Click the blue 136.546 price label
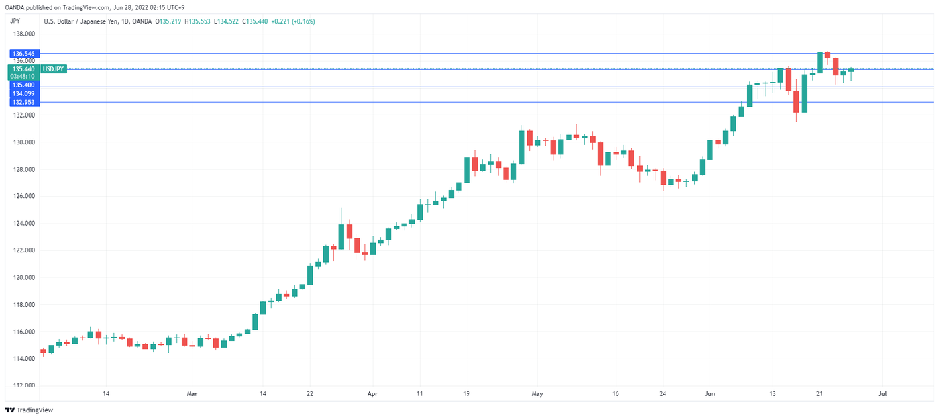(x=24, y=53)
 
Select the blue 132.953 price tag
(x=24, y=102)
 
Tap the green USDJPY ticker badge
(x=53, y=68)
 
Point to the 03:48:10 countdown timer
(x=24, y=77)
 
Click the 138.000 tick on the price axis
(x=24, y=34)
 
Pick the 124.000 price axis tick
(x=24, y=224)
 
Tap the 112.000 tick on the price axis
(x=24, y=386)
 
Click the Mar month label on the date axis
(x=192, y=394)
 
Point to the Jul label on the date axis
(x=883, y=394)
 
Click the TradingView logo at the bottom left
(x=30, y=410)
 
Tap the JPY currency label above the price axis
(x=15, y=21)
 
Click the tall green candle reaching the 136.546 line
(x=820, y=62)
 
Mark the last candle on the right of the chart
(x=851, y=70)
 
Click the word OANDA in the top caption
(x=14, y=7)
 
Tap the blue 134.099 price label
(x=24, y=94)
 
